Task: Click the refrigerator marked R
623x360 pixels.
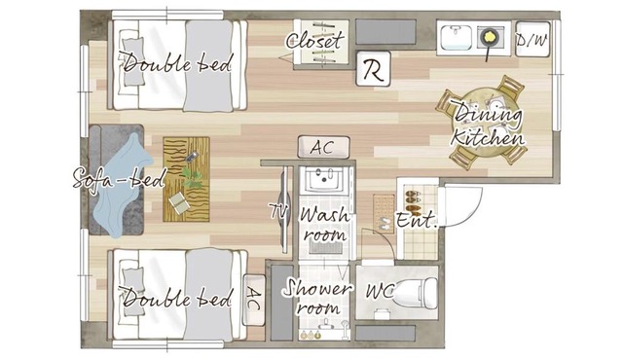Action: tap(373, 68)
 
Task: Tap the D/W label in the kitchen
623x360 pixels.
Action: tap(531, 40)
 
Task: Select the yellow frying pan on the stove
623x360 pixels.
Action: tap(490, 37)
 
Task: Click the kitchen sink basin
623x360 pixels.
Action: tap(456, 38)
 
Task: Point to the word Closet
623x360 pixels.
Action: tap(314, 41)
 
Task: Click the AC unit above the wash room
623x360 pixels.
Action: tap(324, 147)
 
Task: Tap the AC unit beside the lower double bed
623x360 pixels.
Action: tap(254, 300)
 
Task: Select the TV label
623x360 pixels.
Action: tap(277, 210)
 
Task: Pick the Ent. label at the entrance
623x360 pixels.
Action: tap(417, 221)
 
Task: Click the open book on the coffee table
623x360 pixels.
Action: tap(179, 202)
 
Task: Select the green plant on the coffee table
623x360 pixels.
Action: tap(192, 177)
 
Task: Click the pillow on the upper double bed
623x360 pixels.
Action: tap(133, 61)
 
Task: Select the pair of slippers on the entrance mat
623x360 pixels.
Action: tap(385, 223)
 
